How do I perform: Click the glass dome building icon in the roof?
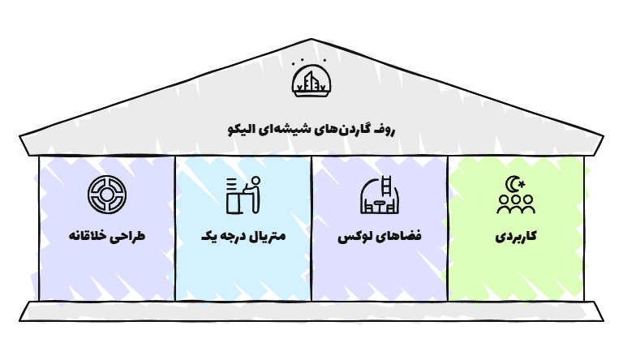[311, 81]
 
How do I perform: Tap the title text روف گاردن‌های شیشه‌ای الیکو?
[311, 129]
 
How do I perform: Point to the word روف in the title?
[385, 130]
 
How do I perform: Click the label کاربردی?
[516, 237]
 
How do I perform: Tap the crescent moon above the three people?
[513, 184]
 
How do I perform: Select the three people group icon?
[516, 204]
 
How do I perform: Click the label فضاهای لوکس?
[380, 237]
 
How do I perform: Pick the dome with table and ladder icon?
[380, 195]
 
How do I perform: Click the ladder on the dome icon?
[386, 186]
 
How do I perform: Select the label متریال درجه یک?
[243, 237]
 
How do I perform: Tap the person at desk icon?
[243, 195]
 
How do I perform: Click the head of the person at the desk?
[256, 181]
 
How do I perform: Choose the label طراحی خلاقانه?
[107, 236]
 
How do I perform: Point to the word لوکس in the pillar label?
[354, 237]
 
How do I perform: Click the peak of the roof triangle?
[311, 40]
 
